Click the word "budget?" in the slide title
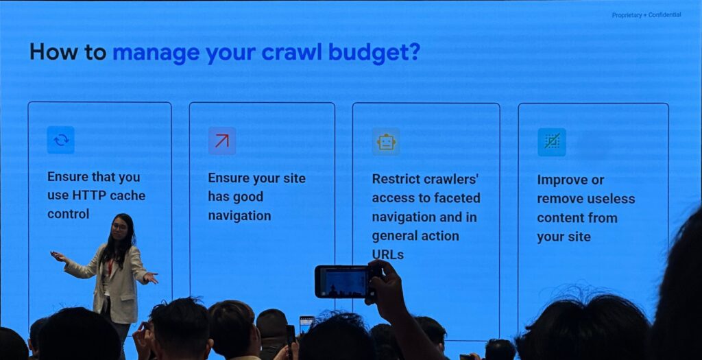point(374,53)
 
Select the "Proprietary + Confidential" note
point(646,15)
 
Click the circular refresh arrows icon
point(61,140)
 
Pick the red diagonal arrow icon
point(221,141)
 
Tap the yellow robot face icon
point(386,142)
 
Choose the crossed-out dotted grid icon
point(552,142)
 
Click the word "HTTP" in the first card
point(88,195)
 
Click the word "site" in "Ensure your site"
point(294,178)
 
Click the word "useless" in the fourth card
point(612,199)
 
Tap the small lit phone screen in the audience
point(306,324)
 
